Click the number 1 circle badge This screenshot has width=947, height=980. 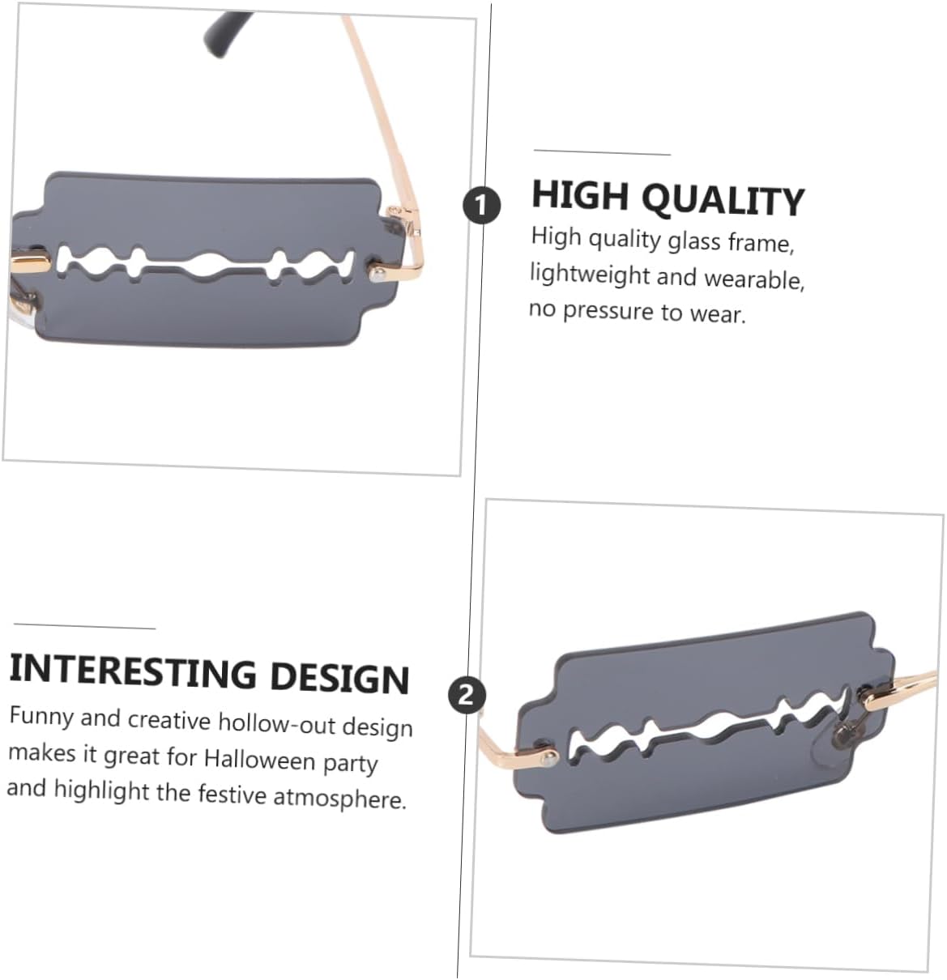481,205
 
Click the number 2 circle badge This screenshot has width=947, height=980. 467,696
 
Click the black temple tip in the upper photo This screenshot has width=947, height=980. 225,33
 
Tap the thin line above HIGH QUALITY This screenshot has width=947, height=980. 602,152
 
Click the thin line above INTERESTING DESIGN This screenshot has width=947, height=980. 84,626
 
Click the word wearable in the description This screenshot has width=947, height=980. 753,279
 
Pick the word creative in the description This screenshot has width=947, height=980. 168,720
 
